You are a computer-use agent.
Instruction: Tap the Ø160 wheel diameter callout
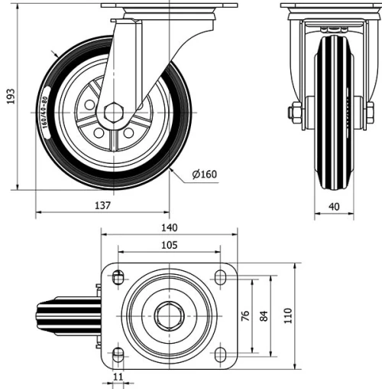click(204, 174)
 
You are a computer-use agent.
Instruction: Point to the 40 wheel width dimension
click(333, 205)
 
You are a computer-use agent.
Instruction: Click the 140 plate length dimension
click(169, 227)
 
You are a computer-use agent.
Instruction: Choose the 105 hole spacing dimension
click(169, 245)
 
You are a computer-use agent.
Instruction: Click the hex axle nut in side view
click(114, 111)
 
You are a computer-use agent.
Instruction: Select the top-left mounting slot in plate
click(118, 276)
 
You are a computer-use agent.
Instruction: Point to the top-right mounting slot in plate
click(220, 276)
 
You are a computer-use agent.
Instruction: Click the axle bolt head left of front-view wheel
click(294, 113)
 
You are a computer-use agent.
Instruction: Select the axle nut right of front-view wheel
click(369, 113)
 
